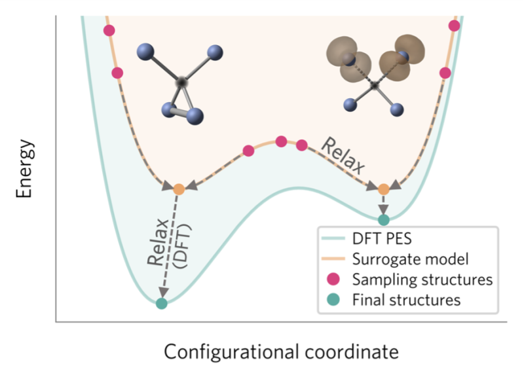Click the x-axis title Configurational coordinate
coord(281,352)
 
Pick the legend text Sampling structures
coord(422,280)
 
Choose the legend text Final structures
coord(406,300)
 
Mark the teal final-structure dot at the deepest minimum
coord(161,303)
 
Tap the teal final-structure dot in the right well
coord(384,219)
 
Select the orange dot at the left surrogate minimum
coord(179,189)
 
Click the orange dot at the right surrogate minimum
coord(384,189)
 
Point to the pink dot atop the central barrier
coord(281,141)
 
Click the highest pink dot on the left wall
coord(109,31)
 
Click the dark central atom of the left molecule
coord(182,81)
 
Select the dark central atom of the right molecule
coord(374,85)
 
